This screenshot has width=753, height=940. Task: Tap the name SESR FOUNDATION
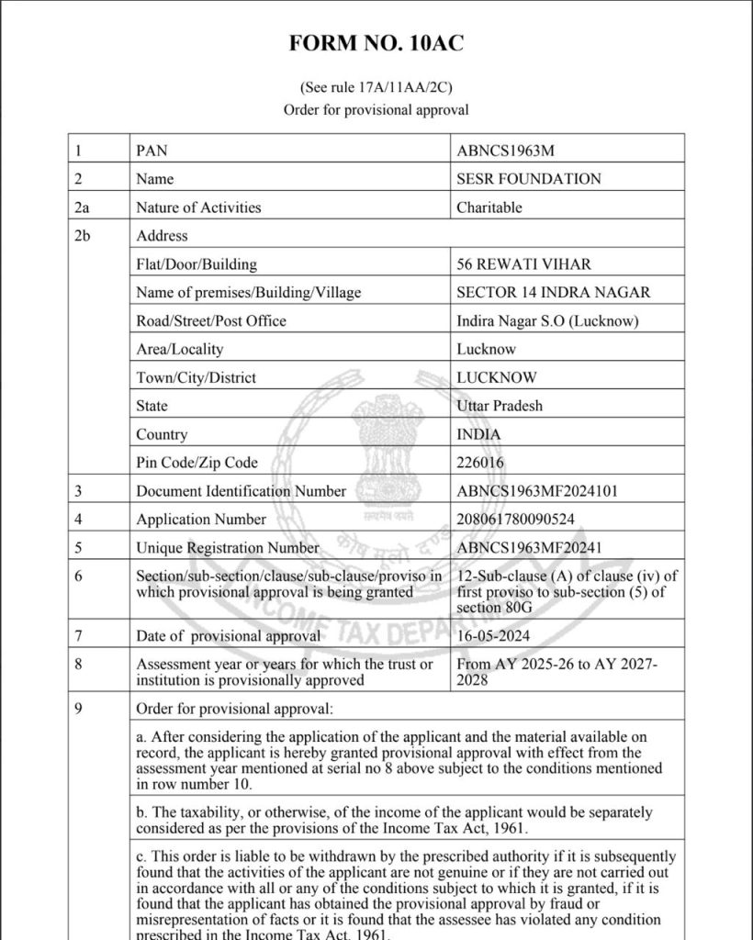click(x=529, y=179)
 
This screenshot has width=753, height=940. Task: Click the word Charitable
click(x=489, y=207)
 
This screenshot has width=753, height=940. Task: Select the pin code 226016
click(x=480, y=463)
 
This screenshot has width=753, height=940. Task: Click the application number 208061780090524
click(x=515, y=520)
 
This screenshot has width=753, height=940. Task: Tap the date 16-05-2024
click(x=493, y=635)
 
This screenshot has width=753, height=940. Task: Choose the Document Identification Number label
click(x=242, y=491)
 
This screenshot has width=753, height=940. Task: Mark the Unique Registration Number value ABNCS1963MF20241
click(x=529, y=548)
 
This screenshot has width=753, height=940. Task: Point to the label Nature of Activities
click(x=198, y=207)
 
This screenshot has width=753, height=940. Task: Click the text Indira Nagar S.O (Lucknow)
click(x=547, y=320)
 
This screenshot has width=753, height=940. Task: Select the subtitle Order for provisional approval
click(x=376, y=109)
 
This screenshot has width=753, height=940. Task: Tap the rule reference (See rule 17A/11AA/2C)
click(x=376, y=88)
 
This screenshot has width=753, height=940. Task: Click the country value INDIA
click(x=478, y=434)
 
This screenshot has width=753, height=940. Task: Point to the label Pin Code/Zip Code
click(x=197, y=463)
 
